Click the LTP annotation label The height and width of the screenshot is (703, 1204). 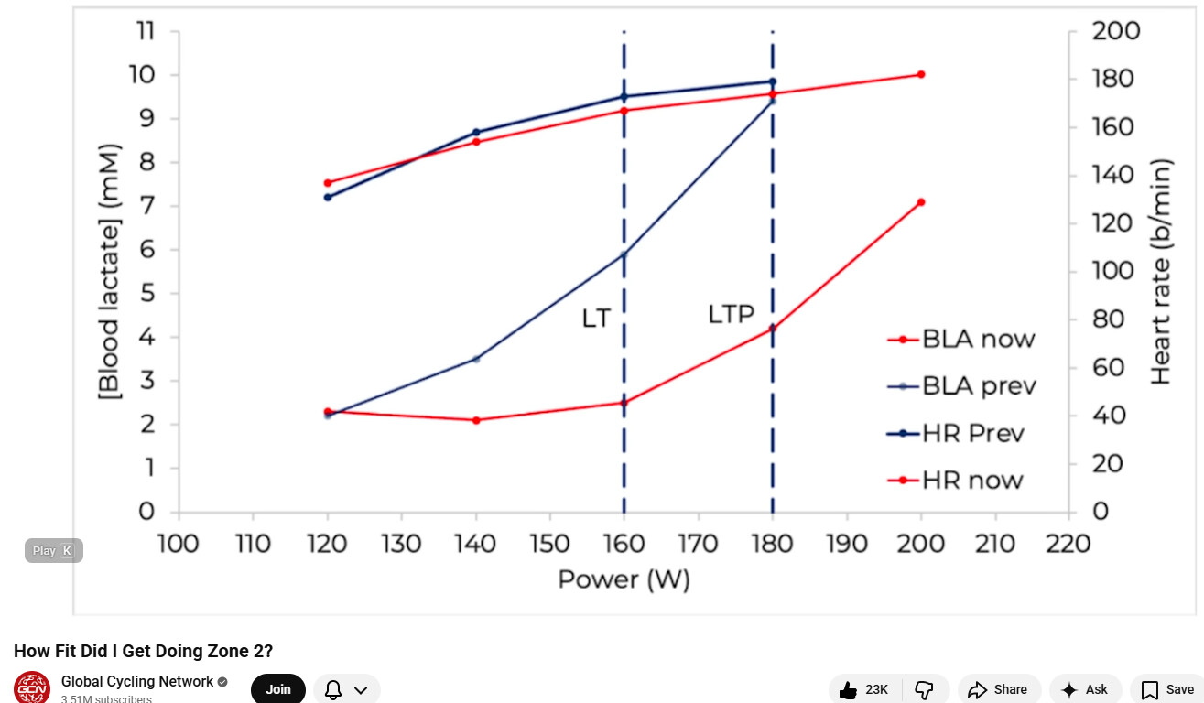click(731, 315)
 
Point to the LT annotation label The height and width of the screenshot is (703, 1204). click(596, 319)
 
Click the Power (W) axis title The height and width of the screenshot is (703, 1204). click(624, 579)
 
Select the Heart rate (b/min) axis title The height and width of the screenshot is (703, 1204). click(1161, 272)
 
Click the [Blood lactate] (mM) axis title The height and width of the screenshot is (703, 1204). click(109, 271)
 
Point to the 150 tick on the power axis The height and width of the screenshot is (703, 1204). click(549, 544)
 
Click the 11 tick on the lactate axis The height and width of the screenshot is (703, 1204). click(146, 31)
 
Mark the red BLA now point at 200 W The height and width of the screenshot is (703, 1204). click(921, 202)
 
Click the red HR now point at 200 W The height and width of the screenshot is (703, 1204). click(921, 74)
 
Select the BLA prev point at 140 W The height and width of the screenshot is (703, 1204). click(476, 359)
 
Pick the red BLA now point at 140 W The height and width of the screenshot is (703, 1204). click(476, 420)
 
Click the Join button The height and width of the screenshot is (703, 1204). click(277, 689)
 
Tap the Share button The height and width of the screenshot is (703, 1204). click(999, 689)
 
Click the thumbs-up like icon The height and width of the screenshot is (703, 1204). click(849, 689)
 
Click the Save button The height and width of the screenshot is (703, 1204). click(1167, 689)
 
